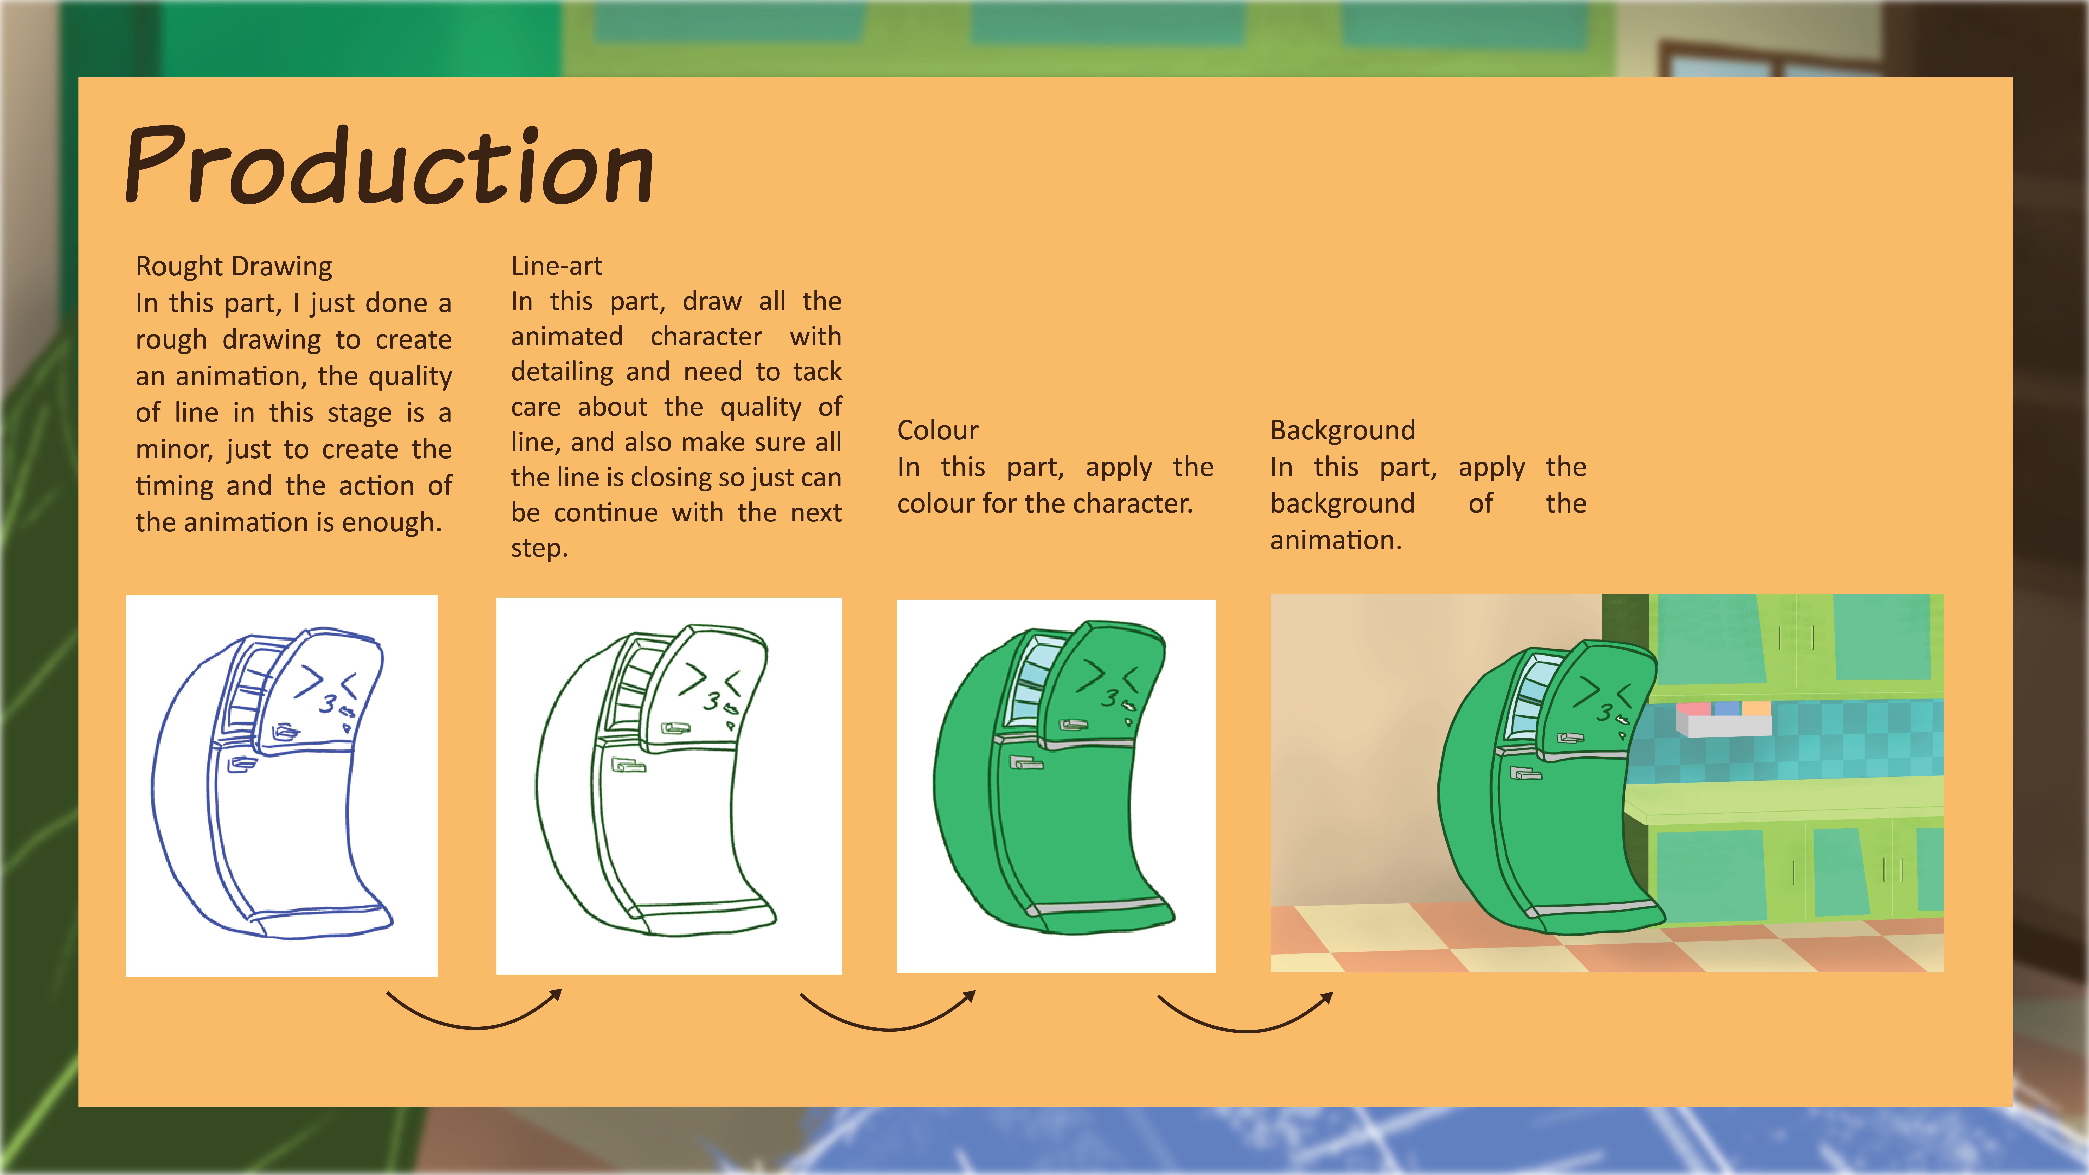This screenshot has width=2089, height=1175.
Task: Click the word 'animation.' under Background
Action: (x=1336, y=540)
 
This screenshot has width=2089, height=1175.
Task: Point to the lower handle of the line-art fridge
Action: (x=628, y=765)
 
